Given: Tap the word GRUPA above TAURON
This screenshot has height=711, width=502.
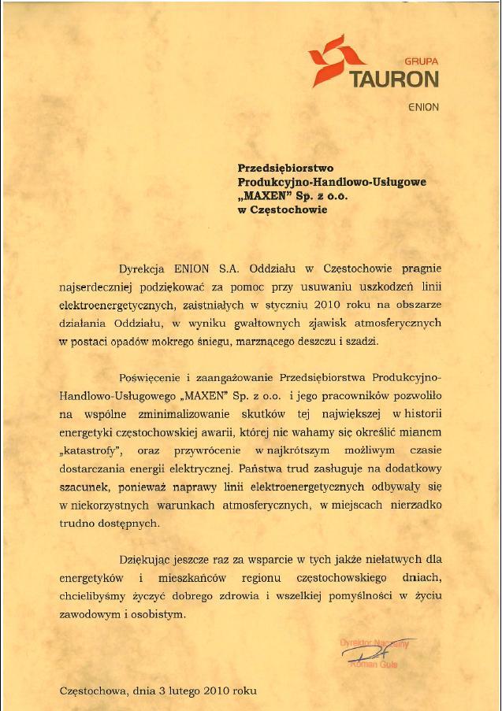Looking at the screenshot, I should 420,61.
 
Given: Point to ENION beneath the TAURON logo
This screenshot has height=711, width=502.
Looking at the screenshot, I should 423,106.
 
